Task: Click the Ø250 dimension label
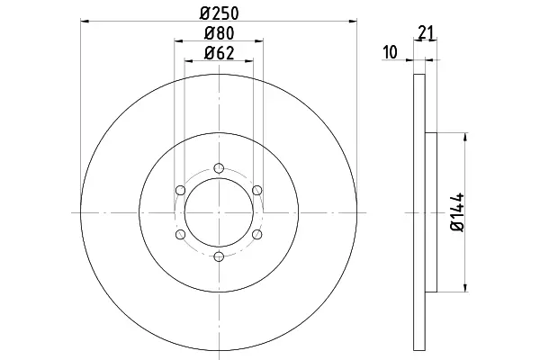[x=219, y=13]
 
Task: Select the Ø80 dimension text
[x=219, y=33]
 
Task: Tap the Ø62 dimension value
[x=219, y=53]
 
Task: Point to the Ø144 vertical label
[x=458, y=212]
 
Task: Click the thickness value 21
[x=426, y=32]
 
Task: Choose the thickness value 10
[x=391, y=52]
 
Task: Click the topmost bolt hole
[x=219, y=168]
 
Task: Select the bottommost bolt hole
[x=219, y=256]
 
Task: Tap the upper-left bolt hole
[x=181, y=190]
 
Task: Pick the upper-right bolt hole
[x=257, y=190]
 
